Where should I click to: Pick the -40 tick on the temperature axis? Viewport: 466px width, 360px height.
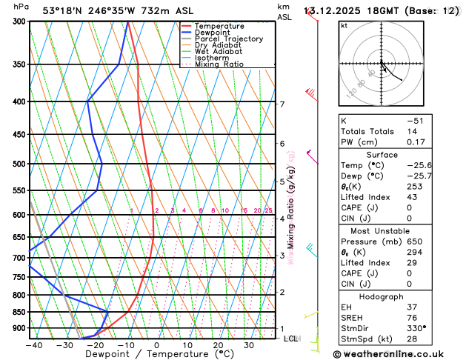click(x=33, y=344)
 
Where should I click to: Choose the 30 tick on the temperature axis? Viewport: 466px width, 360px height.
click(x=249, y=344)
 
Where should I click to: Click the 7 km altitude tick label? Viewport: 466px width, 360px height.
click(x=282, y=104)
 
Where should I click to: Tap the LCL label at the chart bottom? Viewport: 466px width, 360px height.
click(x=290, y=339)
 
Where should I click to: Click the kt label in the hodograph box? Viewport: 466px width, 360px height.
click(x=344, y=25)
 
